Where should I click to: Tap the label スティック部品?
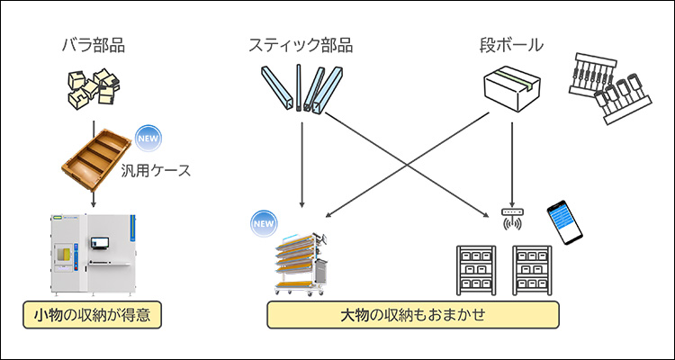coord(301,43)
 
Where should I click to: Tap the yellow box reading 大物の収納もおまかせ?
coord(414,315)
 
